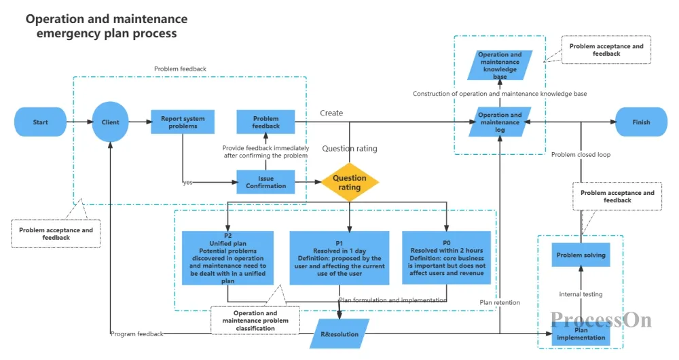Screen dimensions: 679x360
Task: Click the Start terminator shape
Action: (x=40, y=122)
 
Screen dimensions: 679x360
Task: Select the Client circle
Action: (x=110, y=122)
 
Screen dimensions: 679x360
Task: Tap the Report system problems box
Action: (x=182, y=122)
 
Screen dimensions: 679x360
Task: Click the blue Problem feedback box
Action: (x=266, y=122)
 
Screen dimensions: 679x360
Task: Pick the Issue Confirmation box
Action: (x=266, y=182)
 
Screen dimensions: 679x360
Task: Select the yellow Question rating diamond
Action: (x=350, y=183)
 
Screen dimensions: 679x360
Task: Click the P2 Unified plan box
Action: (x=227, y=257)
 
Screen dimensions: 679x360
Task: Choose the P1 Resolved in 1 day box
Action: (x=339, y=257)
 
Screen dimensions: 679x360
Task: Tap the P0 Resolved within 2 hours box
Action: (x=447, y=257)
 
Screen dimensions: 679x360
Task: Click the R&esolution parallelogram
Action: (x=339, y=334)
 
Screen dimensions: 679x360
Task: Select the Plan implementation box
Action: (x=581, y=334)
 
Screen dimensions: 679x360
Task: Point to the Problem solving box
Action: (x=581, y=255)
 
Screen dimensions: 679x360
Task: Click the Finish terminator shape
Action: (x=642, y=122)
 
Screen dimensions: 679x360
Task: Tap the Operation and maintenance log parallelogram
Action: (x=500, y=122)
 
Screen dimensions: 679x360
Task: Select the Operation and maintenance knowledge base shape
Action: (x=500, y=65)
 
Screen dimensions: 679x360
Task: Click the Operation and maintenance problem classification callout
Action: (x=255, y=321)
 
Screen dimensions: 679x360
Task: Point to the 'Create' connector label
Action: (x=331, y=113)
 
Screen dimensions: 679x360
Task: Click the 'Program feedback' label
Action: (x=137, y=334)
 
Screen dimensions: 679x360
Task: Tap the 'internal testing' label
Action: (x=581, y=294)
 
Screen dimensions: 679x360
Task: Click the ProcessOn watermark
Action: (x=601, y=320)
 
